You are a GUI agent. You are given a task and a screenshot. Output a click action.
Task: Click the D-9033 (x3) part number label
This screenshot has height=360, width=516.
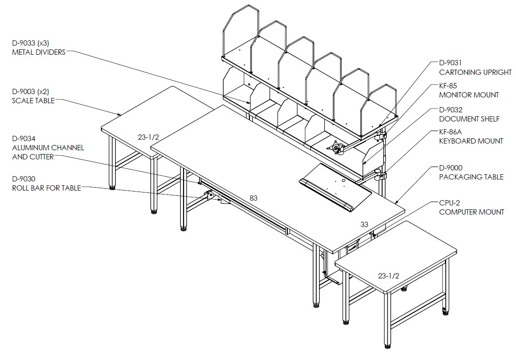coord(31,43)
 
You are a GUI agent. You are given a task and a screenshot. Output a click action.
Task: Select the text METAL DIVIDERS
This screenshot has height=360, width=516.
coord(39,52)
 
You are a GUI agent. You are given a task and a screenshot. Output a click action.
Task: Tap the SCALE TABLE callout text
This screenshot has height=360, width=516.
coord(33,101)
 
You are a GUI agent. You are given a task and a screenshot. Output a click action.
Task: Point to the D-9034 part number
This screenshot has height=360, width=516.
coord(24,139)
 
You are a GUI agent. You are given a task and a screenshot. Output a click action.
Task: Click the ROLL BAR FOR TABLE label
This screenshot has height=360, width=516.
coord(47,188)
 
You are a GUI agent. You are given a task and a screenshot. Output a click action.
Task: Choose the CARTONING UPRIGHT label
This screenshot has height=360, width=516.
coord(476,72)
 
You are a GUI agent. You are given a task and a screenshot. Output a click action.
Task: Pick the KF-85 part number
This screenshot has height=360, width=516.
coord(448,86)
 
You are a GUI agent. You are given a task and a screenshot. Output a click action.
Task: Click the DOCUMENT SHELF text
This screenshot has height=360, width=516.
coord(469,119)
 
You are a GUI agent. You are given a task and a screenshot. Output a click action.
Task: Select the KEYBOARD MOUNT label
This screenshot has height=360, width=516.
coord(471,141)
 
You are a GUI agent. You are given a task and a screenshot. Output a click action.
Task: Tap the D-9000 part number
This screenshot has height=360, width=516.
coord(451,168)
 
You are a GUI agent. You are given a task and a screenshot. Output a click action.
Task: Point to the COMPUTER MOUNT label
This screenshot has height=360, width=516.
coord(472,212)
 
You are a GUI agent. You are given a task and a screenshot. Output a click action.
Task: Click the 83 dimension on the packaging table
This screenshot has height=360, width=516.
coord(253,198)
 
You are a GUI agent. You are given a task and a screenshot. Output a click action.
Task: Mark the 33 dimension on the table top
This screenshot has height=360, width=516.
coord(364,225)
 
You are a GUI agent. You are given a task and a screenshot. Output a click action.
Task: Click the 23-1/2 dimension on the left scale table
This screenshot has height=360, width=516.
coord(148,137)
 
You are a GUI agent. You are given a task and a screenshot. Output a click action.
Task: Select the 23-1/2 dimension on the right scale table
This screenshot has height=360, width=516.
coord(389,276)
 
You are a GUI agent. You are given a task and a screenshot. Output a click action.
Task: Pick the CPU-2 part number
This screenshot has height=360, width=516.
coord(449,203)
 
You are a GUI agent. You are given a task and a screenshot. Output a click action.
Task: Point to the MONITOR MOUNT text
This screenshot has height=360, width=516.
coord(469,95)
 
